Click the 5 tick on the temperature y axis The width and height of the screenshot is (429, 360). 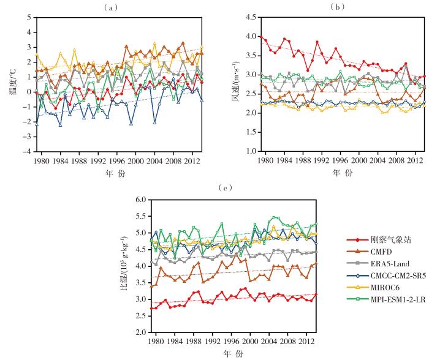tap(29, 17)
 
